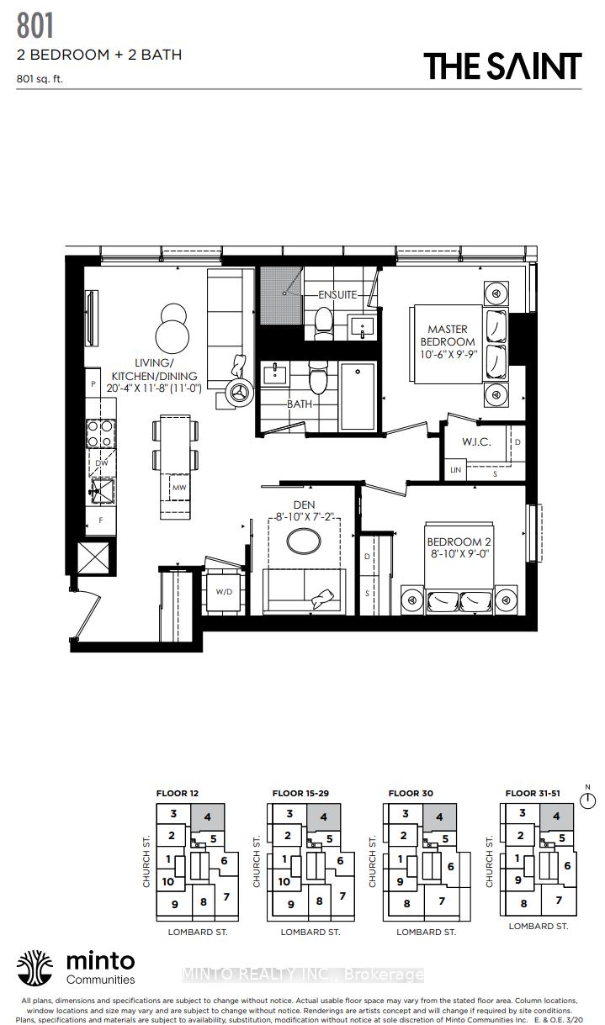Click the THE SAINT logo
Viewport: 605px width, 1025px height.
click(502, 66)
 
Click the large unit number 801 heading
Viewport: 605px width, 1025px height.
click(35, 26)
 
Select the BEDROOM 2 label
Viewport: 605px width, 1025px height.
click(459, 548)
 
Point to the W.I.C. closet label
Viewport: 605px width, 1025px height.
click(476, 441)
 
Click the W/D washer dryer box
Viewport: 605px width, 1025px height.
click(225, 591)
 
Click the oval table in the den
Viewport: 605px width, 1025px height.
click(304, 541)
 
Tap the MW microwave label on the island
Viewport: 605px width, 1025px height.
click(178, 487)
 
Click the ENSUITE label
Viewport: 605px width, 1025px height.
click(337, 295)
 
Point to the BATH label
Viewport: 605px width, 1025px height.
click(299, 404)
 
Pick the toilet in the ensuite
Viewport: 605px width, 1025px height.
click(322, 322)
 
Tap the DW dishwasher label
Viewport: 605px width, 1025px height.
click(100, 462)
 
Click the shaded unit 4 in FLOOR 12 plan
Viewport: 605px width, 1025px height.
click(207, 816)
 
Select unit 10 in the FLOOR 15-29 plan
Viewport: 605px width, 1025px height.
click(284, 881)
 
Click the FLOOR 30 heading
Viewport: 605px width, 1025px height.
click(410, 793)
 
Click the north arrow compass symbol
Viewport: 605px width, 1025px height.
click(587, 800)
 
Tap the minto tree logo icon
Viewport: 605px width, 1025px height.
click(35, 968)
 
